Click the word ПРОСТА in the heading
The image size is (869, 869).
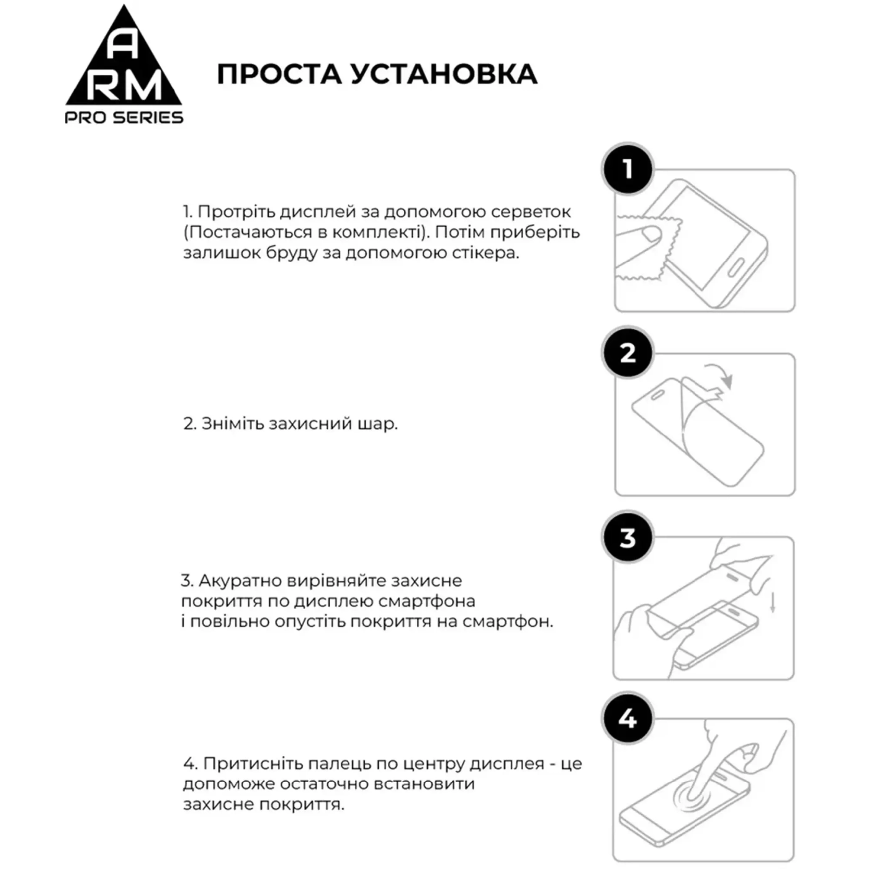click(x=279, y=74)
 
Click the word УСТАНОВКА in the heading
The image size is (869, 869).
click(x=443, y=74)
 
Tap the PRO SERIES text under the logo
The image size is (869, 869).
click(x=124, y=117)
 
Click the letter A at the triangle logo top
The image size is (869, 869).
click(x=124, y=47)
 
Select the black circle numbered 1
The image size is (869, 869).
click(x=628, y=168)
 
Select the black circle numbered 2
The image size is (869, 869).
click(x=628, y=353)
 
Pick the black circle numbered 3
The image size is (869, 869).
click(x=628, y=537)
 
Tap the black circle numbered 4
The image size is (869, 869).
click(x=628, y=718)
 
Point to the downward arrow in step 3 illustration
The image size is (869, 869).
click(x=773, y=602)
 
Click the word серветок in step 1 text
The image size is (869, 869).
click(x=531, y=212)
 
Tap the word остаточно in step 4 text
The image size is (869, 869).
click(x=325, y=784)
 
